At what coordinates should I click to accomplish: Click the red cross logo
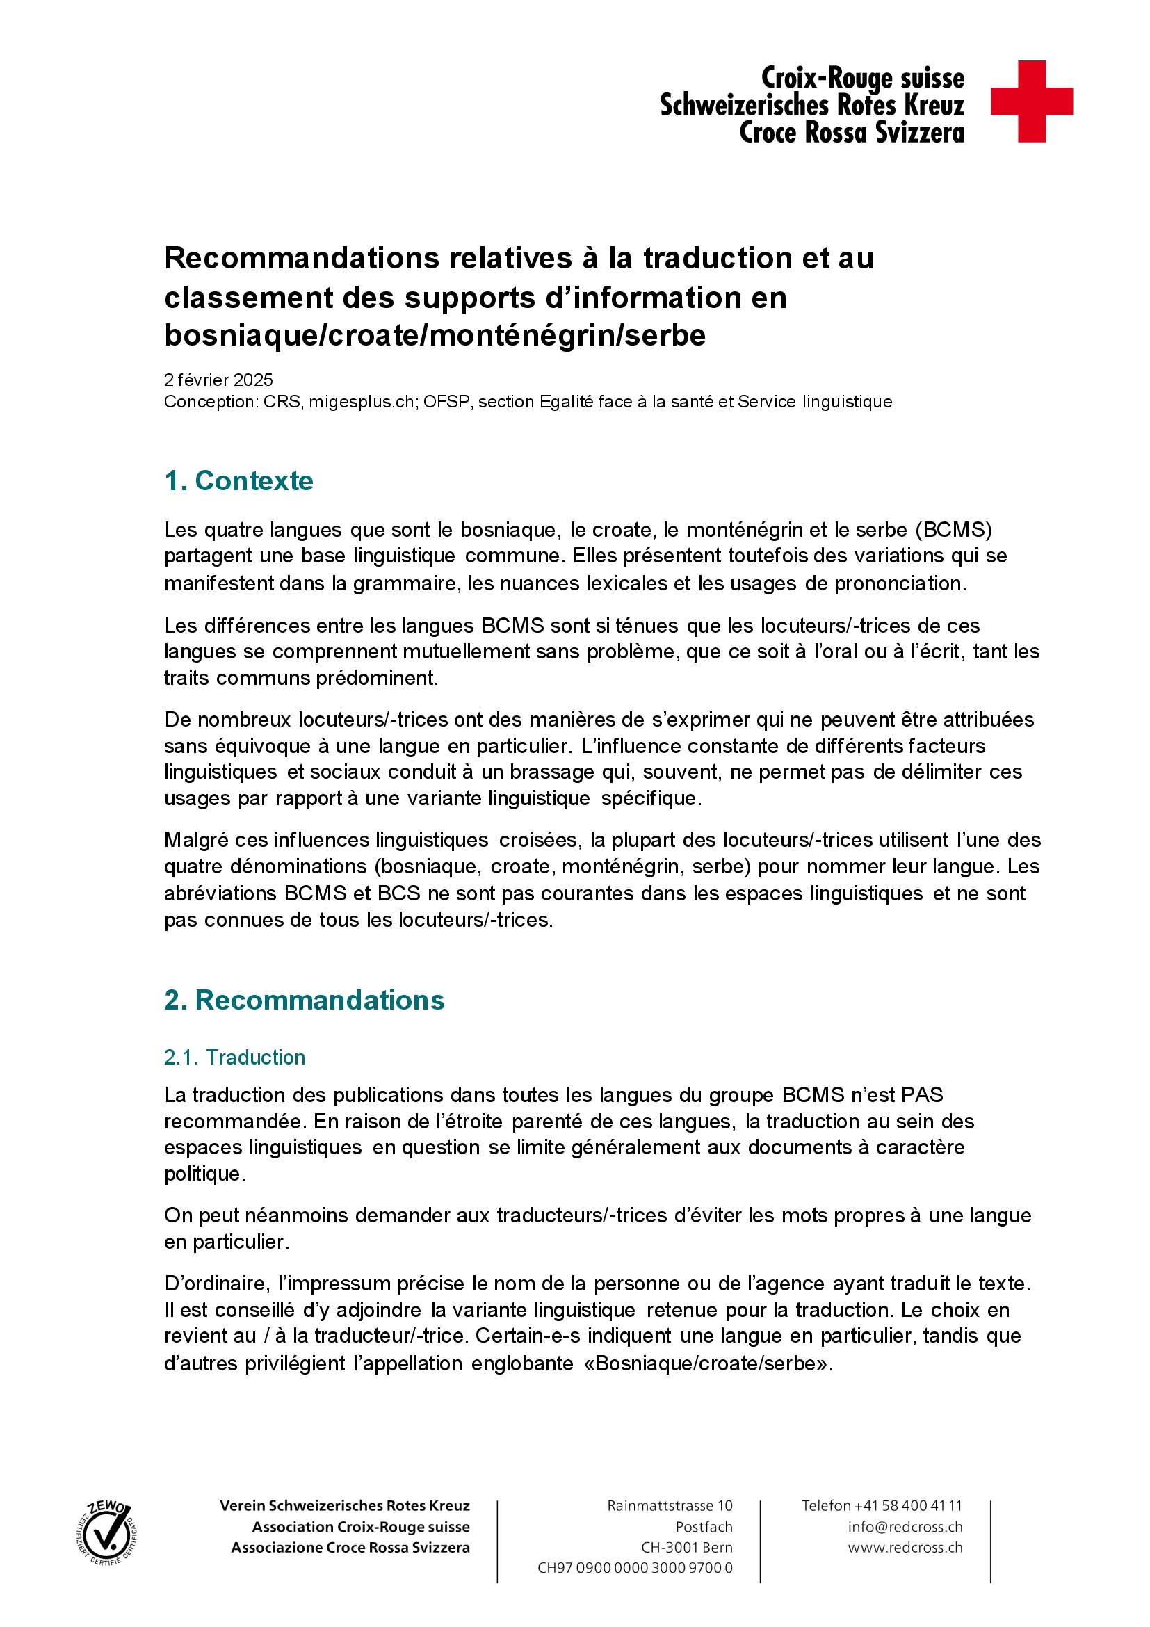(1031, 102)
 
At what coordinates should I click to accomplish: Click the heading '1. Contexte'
(238, 480)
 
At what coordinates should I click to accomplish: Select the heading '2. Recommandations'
(304, 1000)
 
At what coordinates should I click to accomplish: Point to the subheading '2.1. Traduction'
(234, 1058)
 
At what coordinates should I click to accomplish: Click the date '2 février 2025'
(218, 380)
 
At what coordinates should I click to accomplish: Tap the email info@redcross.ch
(905, 1526)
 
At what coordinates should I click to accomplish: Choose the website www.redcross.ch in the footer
(905, 1547)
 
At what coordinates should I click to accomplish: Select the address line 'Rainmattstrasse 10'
(670, 1505)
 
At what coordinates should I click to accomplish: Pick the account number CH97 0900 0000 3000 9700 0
(635, 1567)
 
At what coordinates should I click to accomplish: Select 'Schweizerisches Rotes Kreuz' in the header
(811, 106)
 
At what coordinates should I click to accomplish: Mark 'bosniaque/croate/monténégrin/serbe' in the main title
(435, 335)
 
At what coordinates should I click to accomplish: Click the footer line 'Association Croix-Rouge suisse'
(361, 1526)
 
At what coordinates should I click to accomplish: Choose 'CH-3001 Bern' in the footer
(687, 1547)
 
